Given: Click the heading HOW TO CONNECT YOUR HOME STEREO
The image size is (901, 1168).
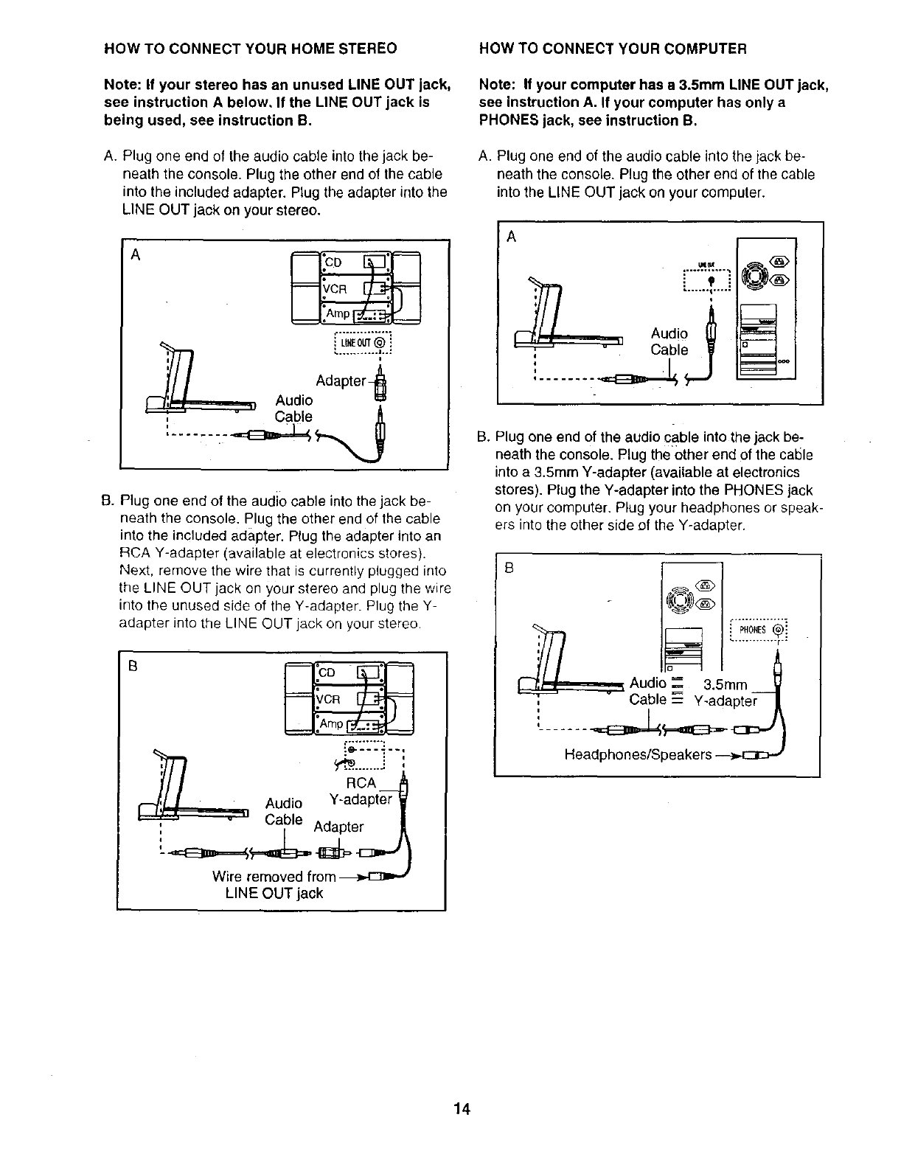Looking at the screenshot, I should pos(251,49).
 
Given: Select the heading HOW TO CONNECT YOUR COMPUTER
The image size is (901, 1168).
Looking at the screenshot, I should pos(613,49).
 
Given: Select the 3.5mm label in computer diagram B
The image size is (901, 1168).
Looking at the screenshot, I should pos(726,685).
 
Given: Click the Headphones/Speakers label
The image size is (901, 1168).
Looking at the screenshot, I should pos(638,755).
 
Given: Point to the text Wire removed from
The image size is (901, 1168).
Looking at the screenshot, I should pos(273,877).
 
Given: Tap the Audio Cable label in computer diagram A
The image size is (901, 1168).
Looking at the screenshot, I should pos(669,342).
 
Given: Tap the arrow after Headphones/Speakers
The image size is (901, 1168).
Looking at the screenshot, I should pos(727,756).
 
